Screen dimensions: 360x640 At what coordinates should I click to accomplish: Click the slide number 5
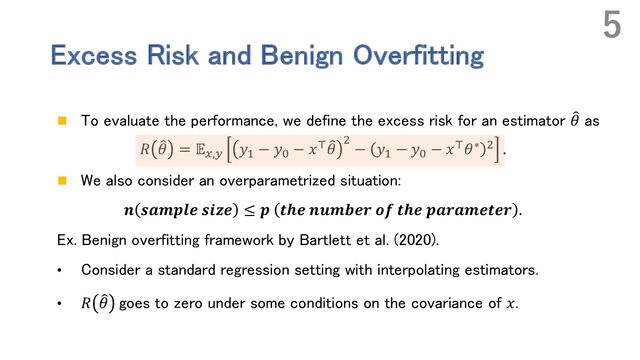[611, 27]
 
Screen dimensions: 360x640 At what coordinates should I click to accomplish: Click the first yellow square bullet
[62, 121]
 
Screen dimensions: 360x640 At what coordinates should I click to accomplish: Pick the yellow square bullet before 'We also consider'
[62, 183]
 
